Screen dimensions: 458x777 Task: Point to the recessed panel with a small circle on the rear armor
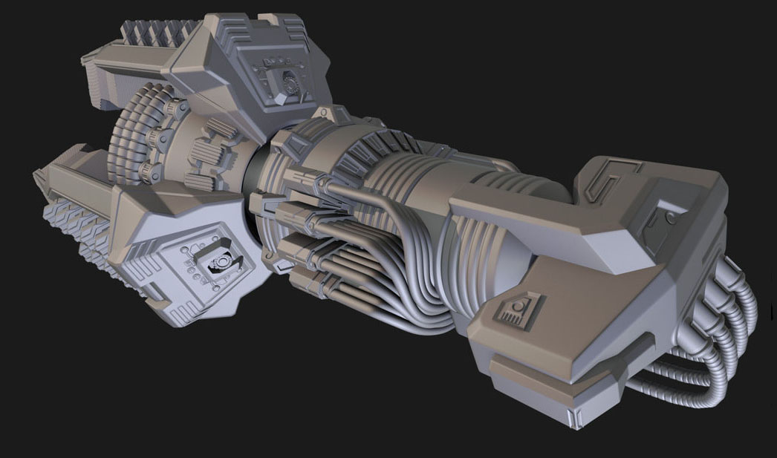(x=663, y=220)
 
